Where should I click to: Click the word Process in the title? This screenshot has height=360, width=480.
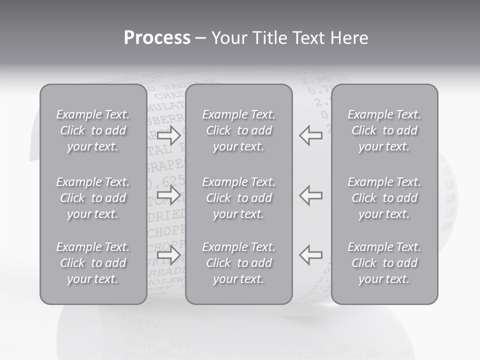(x=157, y=38)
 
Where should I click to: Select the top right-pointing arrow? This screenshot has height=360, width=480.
(x=168, y=135)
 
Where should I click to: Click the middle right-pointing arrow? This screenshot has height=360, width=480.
(x=168, y=195)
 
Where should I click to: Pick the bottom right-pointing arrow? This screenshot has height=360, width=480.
(x=168, y=254)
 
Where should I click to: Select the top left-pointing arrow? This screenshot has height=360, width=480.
(x=310, y=135)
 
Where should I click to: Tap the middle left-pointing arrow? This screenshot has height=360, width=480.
(x=310, y=195)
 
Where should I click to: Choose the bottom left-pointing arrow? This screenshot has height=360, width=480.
(x=310, y=254)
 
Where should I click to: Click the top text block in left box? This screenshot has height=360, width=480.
(x=93, y=130)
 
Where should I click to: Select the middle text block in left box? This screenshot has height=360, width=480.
(x=93, y=198)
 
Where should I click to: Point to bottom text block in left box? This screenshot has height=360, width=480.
(x=93, y=263)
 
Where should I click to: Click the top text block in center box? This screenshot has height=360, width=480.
(x=238, y=130)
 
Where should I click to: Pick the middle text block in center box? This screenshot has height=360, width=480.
(x=238, y=198)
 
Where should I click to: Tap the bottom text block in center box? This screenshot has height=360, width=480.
(x=238, y=263)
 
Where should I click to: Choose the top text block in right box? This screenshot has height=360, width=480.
(x=384, y=130)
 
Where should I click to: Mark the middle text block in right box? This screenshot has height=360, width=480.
(x=384, y=198)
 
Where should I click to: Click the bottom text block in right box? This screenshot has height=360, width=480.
(x=384, y=263)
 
